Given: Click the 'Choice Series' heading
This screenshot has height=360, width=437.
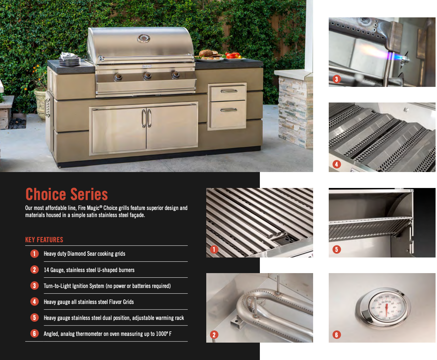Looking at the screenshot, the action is tap(66, 194).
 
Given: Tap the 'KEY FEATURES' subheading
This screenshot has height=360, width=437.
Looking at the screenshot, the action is tap(44, 240).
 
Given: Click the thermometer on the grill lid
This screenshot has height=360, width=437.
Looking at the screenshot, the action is tap(143, 38).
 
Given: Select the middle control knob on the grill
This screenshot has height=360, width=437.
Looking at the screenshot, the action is tap(147, 76).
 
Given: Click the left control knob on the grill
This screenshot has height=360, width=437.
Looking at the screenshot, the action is tap(118, 77).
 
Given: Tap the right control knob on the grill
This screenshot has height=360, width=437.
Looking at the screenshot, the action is tap(175, 75).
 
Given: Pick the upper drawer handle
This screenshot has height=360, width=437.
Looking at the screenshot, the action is tap(229, 91).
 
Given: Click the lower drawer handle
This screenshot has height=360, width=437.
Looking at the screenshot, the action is tap(229, 110).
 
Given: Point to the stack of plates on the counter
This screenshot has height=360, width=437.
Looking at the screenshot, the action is tap(70, 60).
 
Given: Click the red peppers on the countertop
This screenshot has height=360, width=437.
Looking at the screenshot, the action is tap(232, 56).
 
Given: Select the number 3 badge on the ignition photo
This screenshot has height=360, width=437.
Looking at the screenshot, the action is tap(337, 79).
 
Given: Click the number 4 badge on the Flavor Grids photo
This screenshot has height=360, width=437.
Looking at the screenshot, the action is tap(337, 164).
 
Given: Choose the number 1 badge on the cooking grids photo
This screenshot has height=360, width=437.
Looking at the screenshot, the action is tap(214, 249).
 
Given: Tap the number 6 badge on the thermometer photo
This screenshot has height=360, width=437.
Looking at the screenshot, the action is tap(337, 335).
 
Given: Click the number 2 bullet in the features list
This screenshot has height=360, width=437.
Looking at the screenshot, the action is tap(34, 270).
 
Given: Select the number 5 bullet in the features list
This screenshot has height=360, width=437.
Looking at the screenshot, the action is tap(34, 317).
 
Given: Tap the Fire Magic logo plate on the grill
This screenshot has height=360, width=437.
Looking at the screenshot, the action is tap(147, 66).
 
